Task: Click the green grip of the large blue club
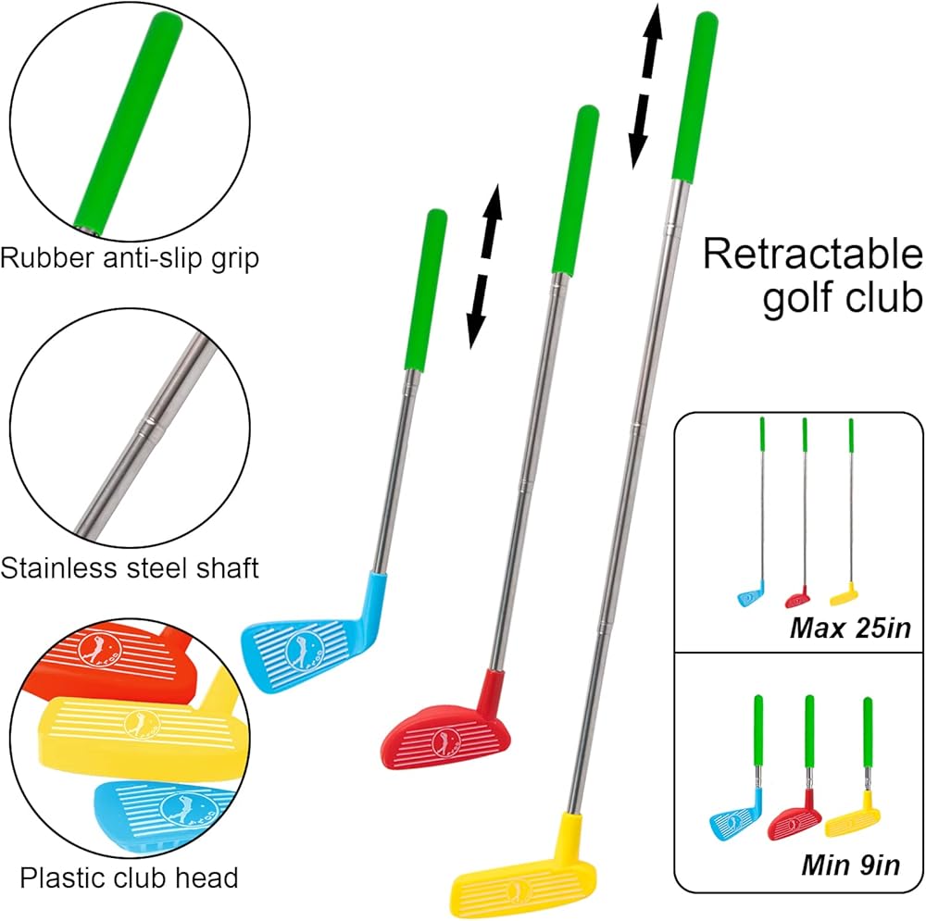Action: pos(424,287)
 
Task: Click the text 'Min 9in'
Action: pos(849,866)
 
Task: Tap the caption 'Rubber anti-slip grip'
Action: pos(130,256)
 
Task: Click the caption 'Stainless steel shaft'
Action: pos(130,567)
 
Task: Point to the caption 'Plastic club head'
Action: pos(130,877)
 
